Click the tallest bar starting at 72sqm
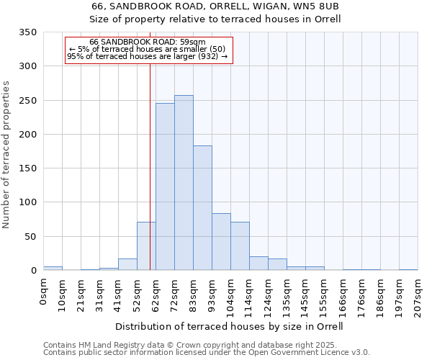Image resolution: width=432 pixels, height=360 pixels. [184, 183]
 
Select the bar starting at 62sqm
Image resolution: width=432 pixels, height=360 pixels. [165, 186]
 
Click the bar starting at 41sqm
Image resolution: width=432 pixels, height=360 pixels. [127, 264]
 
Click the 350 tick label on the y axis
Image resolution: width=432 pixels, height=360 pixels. [27, 32]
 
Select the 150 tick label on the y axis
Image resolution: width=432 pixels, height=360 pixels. [27, 168]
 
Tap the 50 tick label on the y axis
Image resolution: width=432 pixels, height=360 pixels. [30, 236]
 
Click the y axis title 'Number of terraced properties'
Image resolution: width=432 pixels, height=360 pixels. [7, 154]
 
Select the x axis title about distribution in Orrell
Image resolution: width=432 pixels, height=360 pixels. [229, 326]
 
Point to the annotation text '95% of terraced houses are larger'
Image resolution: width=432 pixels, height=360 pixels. [148, 55]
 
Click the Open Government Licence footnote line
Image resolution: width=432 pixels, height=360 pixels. [207, 352]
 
